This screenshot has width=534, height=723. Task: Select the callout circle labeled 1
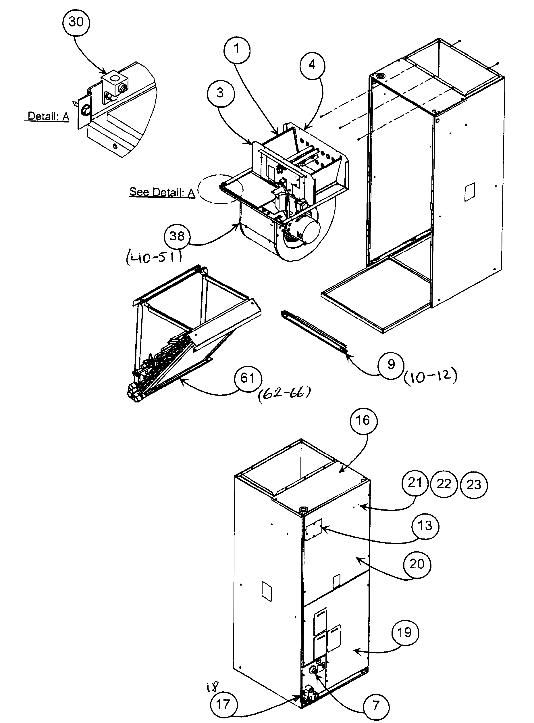(x=237, y=49)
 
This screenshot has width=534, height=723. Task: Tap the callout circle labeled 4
(x=312, y=65)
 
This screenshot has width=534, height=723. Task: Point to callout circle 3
(x=220, y=93)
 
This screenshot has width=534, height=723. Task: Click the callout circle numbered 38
(x=177, y=236)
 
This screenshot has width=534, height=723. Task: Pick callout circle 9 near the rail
(x=391, y=364)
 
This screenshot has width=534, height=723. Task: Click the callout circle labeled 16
(x=363, y=421)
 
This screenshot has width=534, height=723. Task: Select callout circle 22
(x=444, y=484)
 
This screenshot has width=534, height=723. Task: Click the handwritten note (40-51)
(x=154, y=258)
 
